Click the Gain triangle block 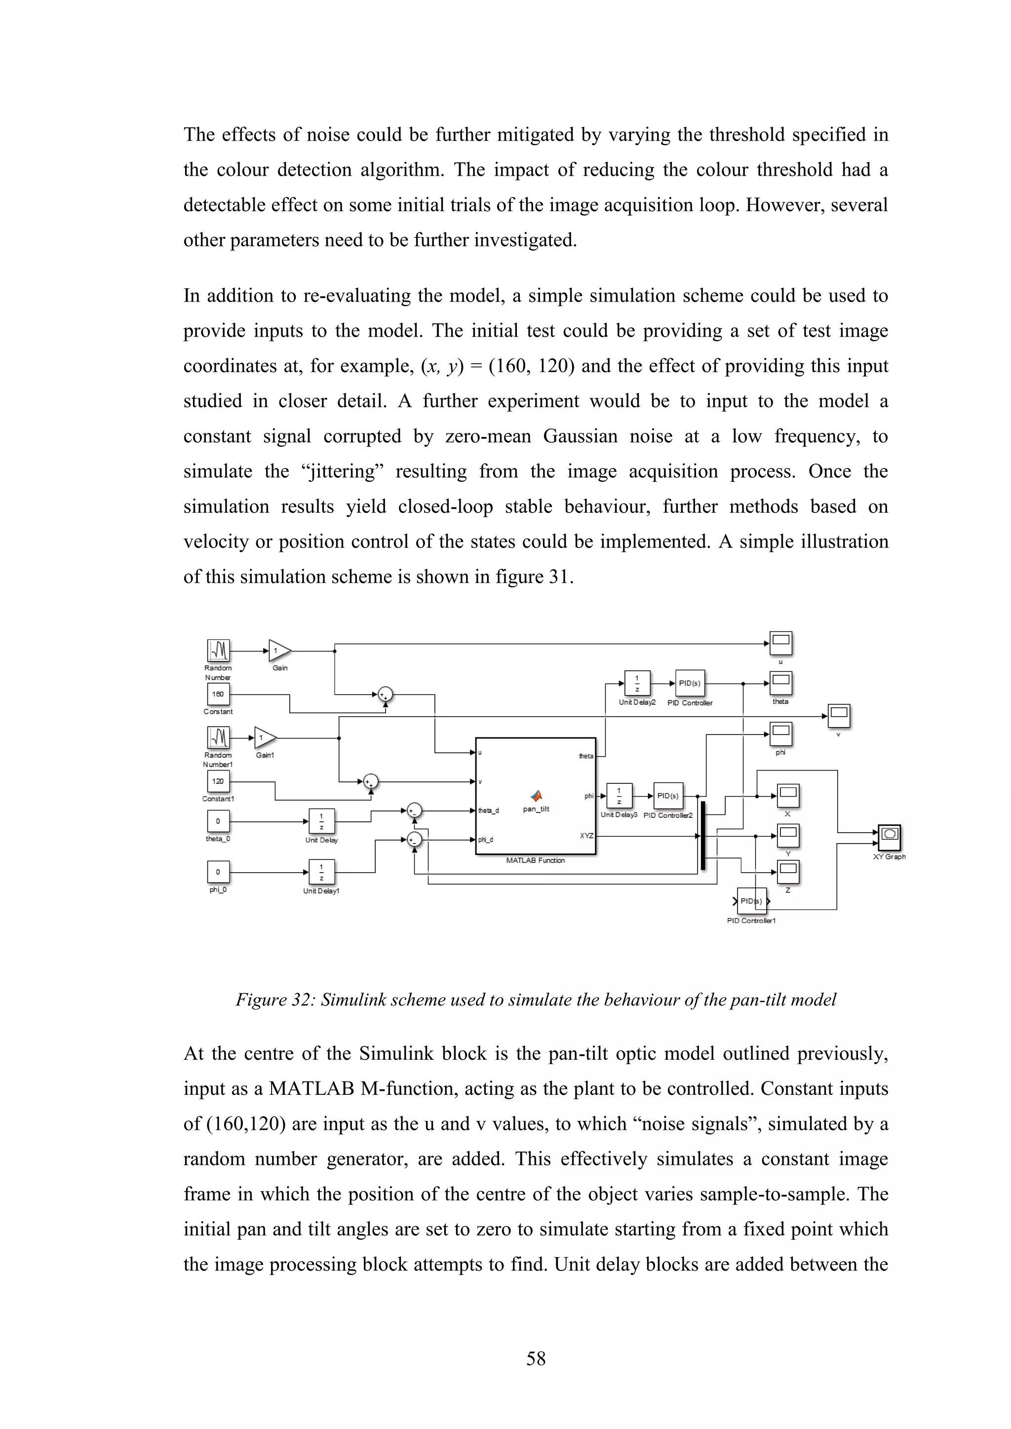tap(279, 651)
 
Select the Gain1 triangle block tap(265, 738)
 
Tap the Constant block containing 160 tap(218, 694)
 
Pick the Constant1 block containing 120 tap(218, 781)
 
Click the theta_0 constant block tap(218, 821)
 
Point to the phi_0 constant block tap(218, 872)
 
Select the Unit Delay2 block tap(637, 683)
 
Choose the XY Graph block tap(890, 837)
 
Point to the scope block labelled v tap(839, 716)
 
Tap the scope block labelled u tap(780, 643)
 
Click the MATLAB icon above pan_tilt tap(536, 795)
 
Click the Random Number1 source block tap(218, 738)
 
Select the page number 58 tap(536, 1358)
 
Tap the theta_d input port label tap(489, 811)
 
